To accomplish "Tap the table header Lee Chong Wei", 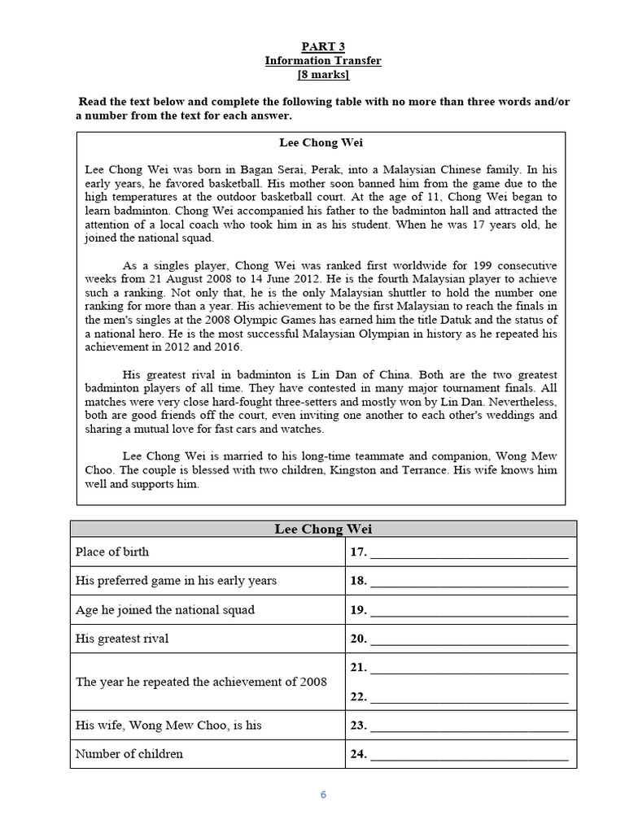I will coord(323,530).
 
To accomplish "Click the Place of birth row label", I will coord(112,552).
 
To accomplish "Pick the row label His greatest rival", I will coord(122,639).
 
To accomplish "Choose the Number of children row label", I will coord(129,753).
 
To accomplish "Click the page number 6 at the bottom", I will coord(323,795).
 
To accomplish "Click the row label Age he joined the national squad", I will coord(165,609).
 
